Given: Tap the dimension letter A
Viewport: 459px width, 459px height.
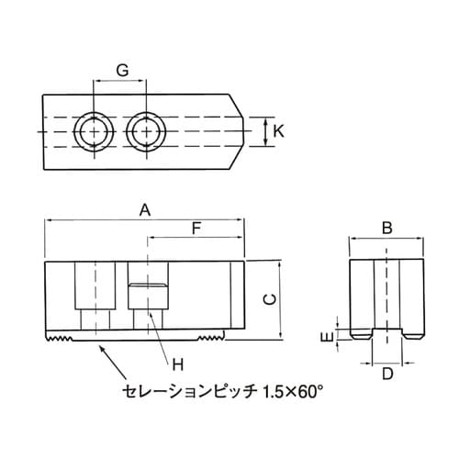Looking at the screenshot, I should tap(143, 209).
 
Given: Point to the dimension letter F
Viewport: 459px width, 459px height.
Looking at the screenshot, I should tap(195, 230).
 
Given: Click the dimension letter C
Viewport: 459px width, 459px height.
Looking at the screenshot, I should tap(268, 299).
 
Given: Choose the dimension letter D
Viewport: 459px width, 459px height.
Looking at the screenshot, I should tap(387, 374).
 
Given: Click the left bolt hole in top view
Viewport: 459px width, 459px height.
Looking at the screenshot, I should tap(92, 132).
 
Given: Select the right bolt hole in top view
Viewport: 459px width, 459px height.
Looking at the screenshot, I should tap(144, 132).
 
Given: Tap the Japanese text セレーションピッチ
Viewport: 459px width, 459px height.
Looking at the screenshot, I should tap(188, 392).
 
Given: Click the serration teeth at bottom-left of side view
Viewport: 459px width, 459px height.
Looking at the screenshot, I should tap(61, 341).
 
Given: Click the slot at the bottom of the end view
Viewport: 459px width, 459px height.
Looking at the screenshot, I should tap(387, 334).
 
